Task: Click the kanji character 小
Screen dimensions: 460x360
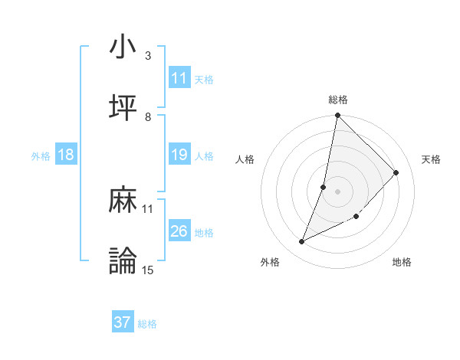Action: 123,47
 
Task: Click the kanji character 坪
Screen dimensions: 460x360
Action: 123,109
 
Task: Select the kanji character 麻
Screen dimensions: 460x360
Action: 123,201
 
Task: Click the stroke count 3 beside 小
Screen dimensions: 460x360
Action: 148,55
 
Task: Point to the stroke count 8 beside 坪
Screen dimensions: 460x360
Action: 148,116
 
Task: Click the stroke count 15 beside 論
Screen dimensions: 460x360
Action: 148,270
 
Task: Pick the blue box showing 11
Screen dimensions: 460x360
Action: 179,78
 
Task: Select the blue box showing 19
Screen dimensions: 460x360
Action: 179,155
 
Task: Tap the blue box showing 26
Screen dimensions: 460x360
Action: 179,231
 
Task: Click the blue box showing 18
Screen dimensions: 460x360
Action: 66,155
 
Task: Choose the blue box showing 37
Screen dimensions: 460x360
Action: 123,322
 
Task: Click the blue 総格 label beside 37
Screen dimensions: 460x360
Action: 147,324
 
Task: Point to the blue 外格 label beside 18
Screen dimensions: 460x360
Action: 41,155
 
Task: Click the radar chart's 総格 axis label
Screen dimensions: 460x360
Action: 338,100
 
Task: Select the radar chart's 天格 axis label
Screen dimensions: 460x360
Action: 432,159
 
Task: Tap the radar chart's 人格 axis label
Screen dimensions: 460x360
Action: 245,159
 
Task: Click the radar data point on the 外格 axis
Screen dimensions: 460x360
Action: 302,242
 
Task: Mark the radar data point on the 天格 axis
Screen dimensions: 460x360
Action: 396,173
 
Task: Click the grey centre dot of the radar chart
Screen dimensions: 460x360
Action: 338,191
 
